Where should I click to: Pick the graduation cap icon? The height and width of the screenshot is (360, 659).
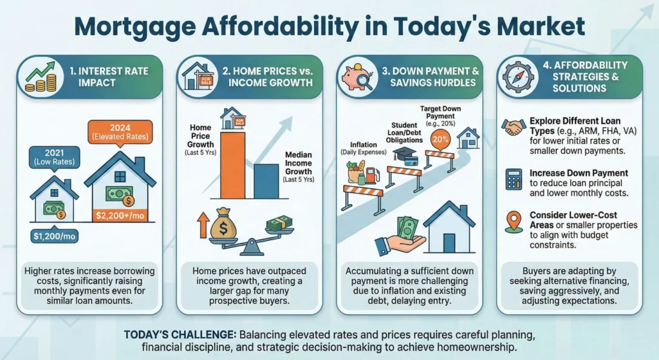tap(403, 153)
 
